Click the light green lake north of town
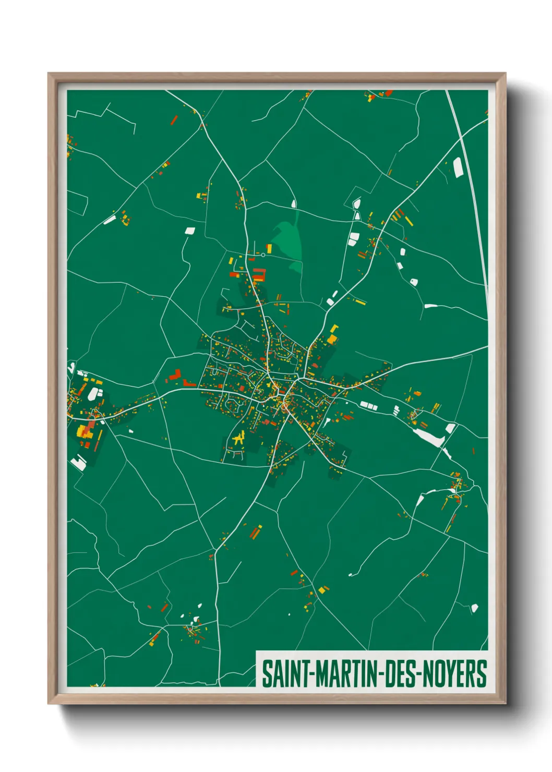[287, 237]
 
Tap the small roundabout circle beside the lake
[263, 255]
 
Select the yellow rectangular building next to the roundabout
[269, 247]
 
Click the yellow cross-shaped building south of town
[239, 439]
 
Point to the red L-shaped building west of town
[175, 376]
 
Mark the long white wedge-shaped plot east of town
[429, 437]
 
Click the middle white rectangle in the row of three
[369, 405]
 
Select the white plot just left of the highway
[458, 167]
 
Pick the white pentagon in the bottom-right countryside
[474, 608]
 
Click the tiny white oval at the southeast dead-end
[351, 575]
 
